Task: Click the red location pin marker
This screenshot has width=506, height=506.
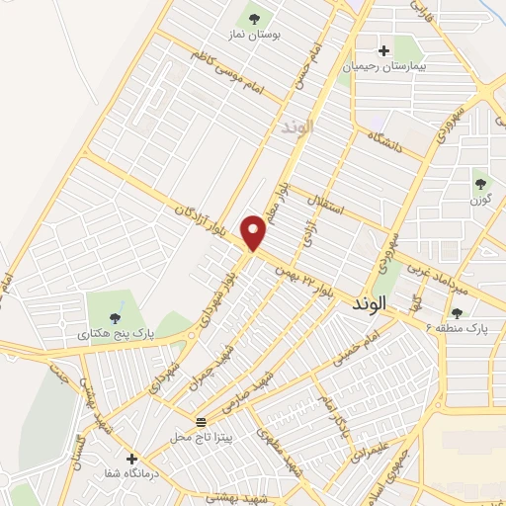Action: pyautogui.click(x=255, y=232)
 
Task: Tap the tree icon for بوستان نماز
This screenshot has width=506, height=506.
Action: pyautogui.click(x=255, y=18)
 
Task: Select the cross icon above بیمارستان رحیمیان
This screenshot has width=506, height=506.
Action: pyautogui.click(x=384, y=50)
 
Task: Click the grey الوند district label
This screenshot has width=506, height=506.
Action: pyautogui.click(x=295, y=126)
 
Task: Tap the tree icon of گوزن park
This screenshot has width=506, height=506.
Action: pyautogui.click(x=481, y=184)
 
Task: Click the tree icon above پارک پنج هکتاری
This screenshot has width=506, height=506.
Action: pyautogui.click(x=116, y=316)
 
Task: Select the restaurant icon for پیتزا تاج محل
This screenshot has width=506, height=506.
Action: pyautogui.click(x=201, y=422)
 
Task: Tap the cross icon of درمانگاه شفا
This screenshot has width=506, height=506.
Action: pyautogui.click(x=131, y=459)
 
